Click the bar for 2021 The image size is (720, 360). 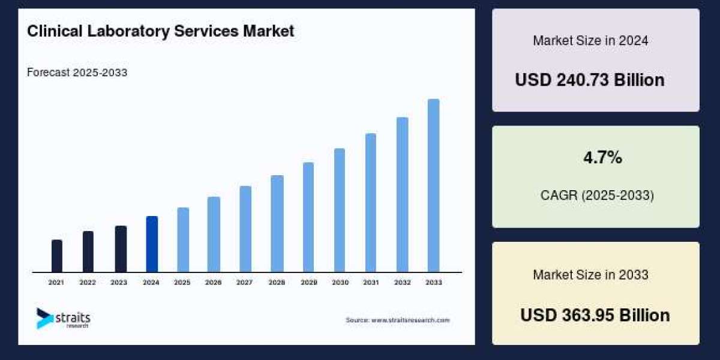56,256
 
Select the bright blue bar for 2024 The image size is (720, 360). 152,244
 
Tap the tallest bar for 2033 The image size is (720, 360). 433,185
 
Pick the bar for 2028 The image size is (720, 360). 277,224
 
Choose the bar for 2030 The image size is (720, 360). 340,210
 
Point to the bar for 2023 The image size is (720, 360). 121,249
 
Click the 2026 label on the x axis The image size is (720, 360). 214,282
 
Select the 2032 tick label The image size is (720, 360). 402,282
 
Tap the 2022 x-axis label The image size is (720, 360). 88,282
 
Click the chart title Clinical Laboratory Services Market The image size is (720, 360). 160,31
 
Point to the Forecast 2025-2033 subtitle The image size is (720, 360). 77,73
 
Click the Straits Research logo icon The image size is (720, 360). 44,319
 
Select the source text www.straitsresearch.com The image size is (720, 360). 397,320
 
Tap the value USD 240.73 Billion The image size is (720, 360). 589,80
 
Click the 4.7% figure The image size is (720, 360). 602,158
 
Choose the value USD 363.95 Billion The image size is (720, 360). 595,315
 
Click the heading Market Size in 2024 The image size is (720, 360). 590,41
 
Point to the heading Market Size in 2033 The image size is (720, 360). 590,275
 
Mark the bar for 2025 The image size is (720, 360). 183,240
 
